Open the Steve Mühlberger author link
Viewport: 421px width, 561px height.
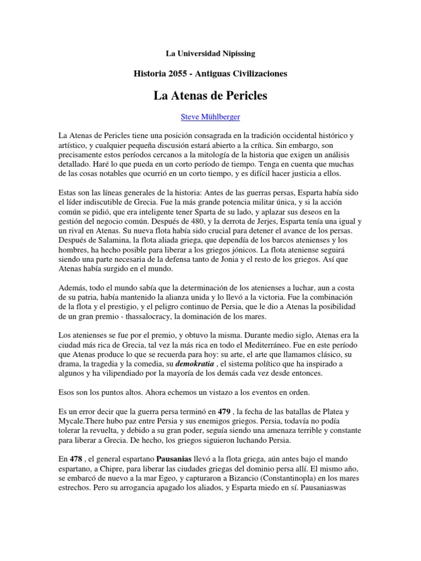(210, 117)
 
